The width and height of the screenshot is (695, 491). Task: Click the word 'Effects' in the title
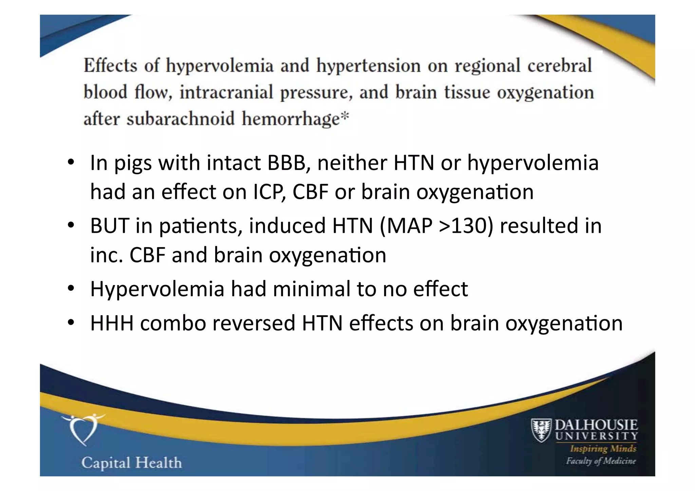[x=110, y=65]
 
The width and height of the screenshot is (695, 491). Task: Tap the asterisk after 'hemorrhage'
[x=344, y=116]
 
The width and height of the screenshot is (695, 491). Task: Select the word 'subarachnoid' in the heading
[x=181, y=119]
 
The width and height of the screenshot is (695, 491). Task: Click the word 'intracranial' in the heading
[x=226, y=92]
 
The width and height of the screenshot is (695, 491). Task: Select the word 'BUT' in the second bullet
[x=109, y=226]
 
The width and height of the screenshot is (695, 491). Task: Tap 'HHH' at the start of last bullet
[x=112, y=323]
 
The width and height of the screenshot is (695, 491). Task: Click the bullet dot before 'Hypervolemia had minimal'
[x=71, y=288]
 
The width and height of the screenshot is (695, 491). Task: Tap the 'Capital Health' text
[x=132, y=463]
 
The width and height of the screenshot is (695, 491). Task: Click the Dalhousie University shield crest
[x=541, y=430]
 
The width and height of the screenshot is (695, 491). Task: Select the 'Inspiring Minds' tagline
[x=603, y=449]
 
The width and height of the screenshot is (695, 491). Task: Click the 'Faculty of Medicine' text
[x=600, y=461]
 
